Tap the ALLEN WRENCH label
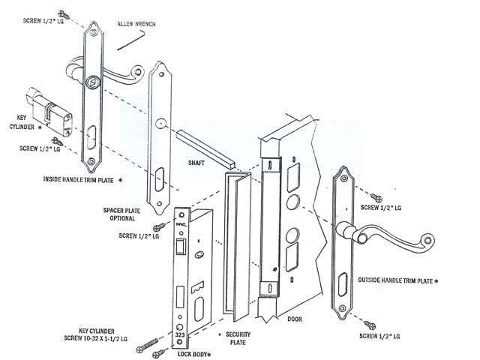[136, 24]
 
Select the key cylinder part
[49, 112]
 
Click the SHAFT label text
[196, 163]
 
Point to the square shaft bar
[205, 148]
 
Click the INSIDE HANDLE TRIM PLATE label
[79, 180]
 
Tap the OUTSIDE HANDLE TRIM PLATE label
[395, 280]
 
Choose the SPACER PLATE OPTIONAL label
[121, 214]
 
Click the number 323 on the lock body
[180, 335]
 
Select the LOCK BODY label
[192, 355]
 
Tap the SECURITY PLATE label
[238, 338]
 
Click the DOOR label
[295, 319]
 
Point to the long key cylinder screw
[148, 345]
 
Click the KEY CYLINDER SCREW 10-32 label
[95, 335]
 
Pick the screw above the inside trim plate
[64, 14]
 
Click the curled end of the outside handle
[427, 240]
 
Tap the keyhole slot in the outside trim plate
[343, 285]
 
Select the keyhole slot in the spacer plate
[160, 180]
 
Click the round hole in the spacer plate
[160, 123]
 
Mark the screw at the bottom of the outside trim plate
[370, 325]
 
